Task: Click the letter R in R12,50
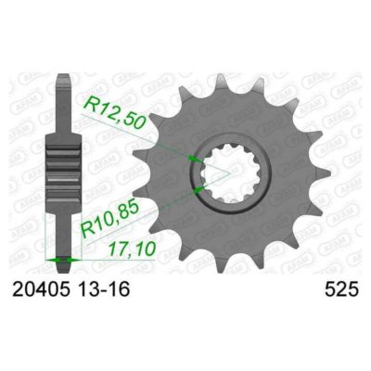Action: click(91, 100)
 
